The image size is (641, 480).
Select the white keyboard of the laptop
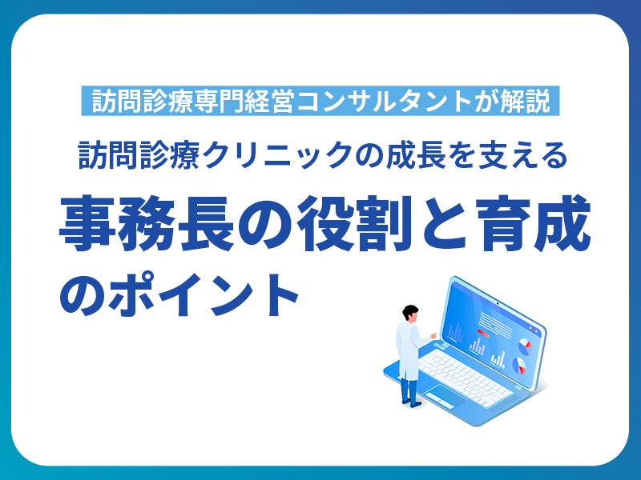[465, 368]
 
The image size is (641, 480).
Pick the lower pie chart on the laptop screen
[519, 366]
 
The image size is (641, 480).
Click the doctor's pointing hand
[433, 334]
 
